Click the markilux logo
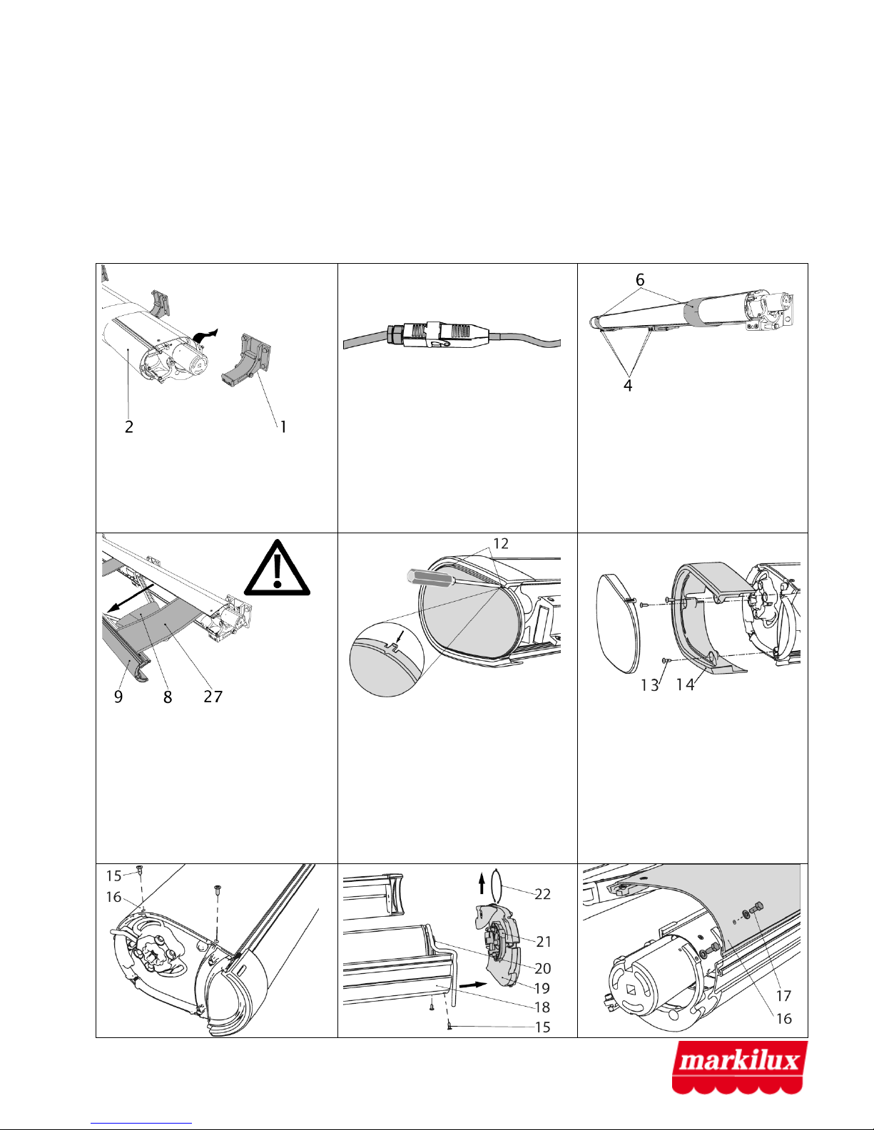pos(739,1067)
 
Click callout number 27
pos(213,697)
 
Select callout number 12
pos(500,543)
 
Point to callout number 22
pos(543,894)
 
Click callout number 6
pos(640,279)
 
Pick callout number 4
pos(628,385)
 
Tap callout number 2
pos(129,427)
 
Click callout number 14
pos(685,685)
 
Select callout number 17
pos(783,996)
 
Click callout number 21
pos(544,941)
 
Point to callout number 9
pos(118,697)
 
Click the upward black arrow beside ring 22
pos(482,883)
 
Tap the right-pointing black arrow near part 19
pos(473,985)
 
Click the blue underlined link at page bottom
pos(141,1124)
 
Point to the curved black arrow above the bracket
pos(206,335)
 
